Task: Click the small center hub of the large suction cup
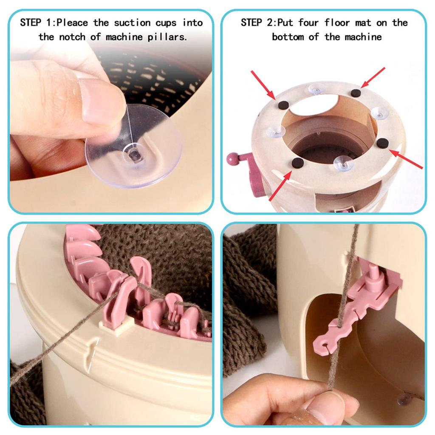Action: (x=135, y=154)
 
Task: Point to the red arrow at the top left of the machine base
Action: (x=263, y=84)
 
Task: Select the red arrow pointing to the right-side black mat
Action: (x=406, y=159)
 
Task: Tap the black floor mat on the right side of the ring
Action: (x=382, y=143)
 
